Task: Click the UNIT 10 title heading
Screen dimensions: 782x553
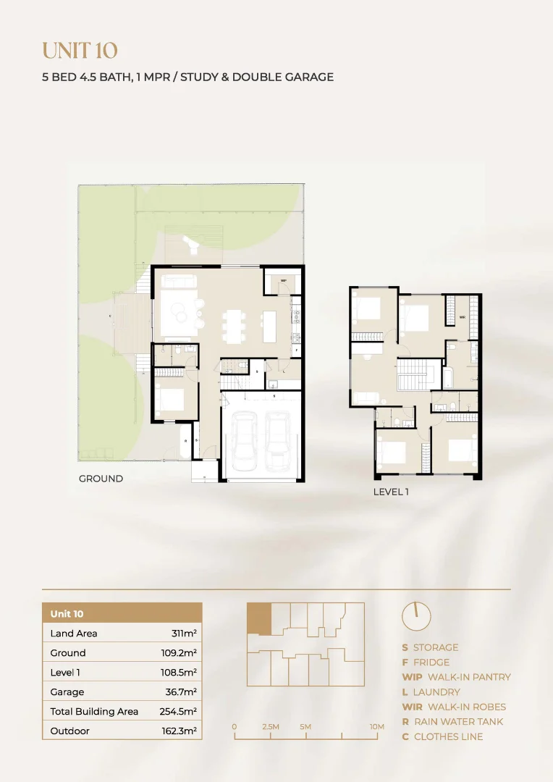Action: (80, 51)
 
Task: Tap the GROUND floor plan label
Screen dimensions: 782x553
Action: (101, 479)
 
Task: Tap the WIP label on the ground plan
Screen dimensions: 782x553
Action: (283, 280)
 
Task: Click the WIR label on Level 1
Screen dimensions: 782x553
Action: (462, 316)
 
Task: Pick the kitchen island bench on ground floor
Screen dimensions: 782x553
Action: (269, 327)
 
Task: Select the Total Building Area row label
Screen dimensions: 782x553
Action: (94, 711)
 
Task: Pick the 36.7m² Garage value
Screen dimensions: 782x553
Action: (180, 692)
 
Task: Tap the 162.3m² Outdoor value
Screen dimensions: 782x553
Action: (179, 731)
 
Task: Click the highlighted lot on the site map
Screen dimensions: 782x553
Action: (258, 620)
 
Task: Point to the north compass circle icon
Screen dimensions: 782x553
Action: (416, 616)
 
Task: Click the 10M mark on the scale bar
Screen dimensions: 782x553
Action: (376, 726)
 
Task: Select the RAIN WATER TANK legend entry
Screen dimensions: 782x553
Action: (452, 722)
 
